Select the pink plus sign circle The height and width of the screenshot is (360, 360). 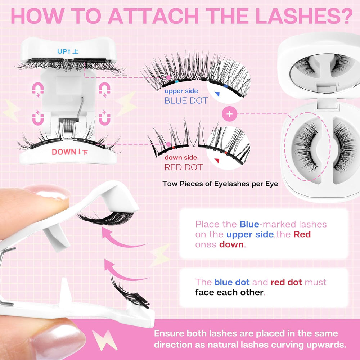point(229,114)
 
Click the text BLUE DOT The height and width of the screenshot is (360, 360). point(186,100)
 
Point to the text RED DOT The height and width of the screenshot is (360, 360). point(184,167)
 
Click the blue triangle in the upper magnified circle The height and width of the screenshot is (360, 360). point(217,94)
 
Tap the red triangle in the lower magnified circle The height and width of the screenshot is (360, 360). point(217,161)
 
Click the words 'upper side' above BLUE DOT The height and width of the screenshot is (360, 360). point(181,91)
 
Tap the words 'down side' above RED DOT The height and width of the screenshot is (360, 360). point(181,158)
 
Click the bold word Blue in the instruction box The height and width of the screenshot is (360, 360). point(249,224)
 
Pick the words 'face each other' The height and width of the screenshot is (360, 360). point(229,292)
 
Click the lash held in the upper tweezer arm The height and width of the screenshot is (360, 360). point(105,218)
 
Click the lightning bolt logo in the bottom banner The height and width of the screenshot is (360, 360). point(104,340)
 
